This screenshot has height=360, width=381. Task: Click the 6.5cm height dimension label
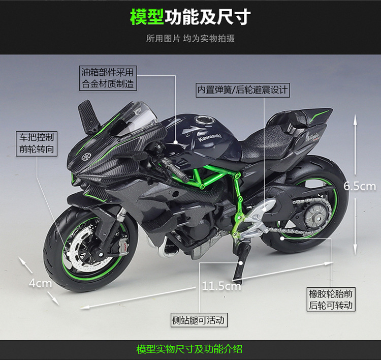click(360, 186)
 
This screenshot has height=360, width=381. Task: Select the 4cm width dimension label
click(40, 283)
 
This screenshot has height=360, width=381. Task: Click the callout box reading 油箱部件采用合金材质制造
click(108, 79)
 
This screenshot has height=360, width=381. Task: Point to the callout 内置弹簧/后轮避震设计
click(243, 91)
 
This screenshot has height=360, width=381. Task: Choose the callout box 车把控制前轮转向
click(37, 143)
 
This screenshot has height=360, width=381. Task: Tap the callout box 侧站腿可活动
click(198, 320)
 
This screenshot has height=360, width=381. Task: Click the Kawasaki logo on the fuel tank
click(210, 139)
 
